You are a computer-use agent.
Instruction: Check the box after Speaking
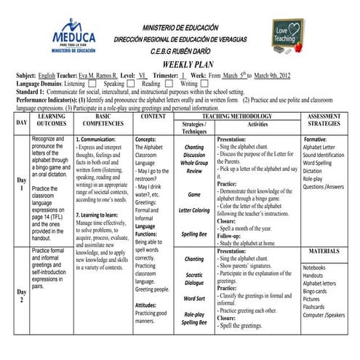click(130, 84)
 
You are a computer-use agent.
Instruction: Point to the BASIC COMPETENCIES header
click(103, 120)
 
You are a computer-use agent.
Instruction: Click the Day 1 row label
click(22, 184)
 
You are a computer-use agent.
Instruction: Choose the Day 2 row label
click(22, 296)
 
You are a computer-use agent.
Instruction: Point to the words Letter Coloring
click(194, 210)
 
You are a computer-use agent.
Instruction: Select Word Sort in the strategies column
click(194, 298)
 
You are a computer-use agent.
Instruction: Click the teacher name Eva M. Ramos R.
click(96, 75)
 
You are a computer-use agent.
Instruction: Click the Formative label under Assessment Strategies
click(316, 139)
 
